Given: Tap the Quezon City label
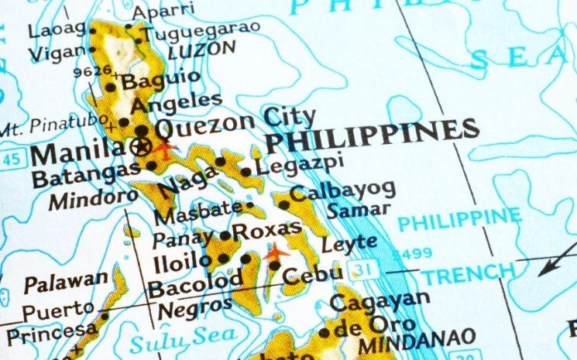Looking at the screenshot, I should click(x=235, y=122).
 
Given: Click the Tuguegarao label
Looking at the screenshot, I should click(x=200, y=33).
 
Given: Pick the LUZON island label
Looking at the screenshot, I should click(x=201, y=49).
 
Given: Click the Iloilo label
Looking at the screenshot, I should click(x=181, y=260).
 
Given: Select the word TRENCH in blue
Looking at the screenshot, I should click(x=467, y=273).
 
